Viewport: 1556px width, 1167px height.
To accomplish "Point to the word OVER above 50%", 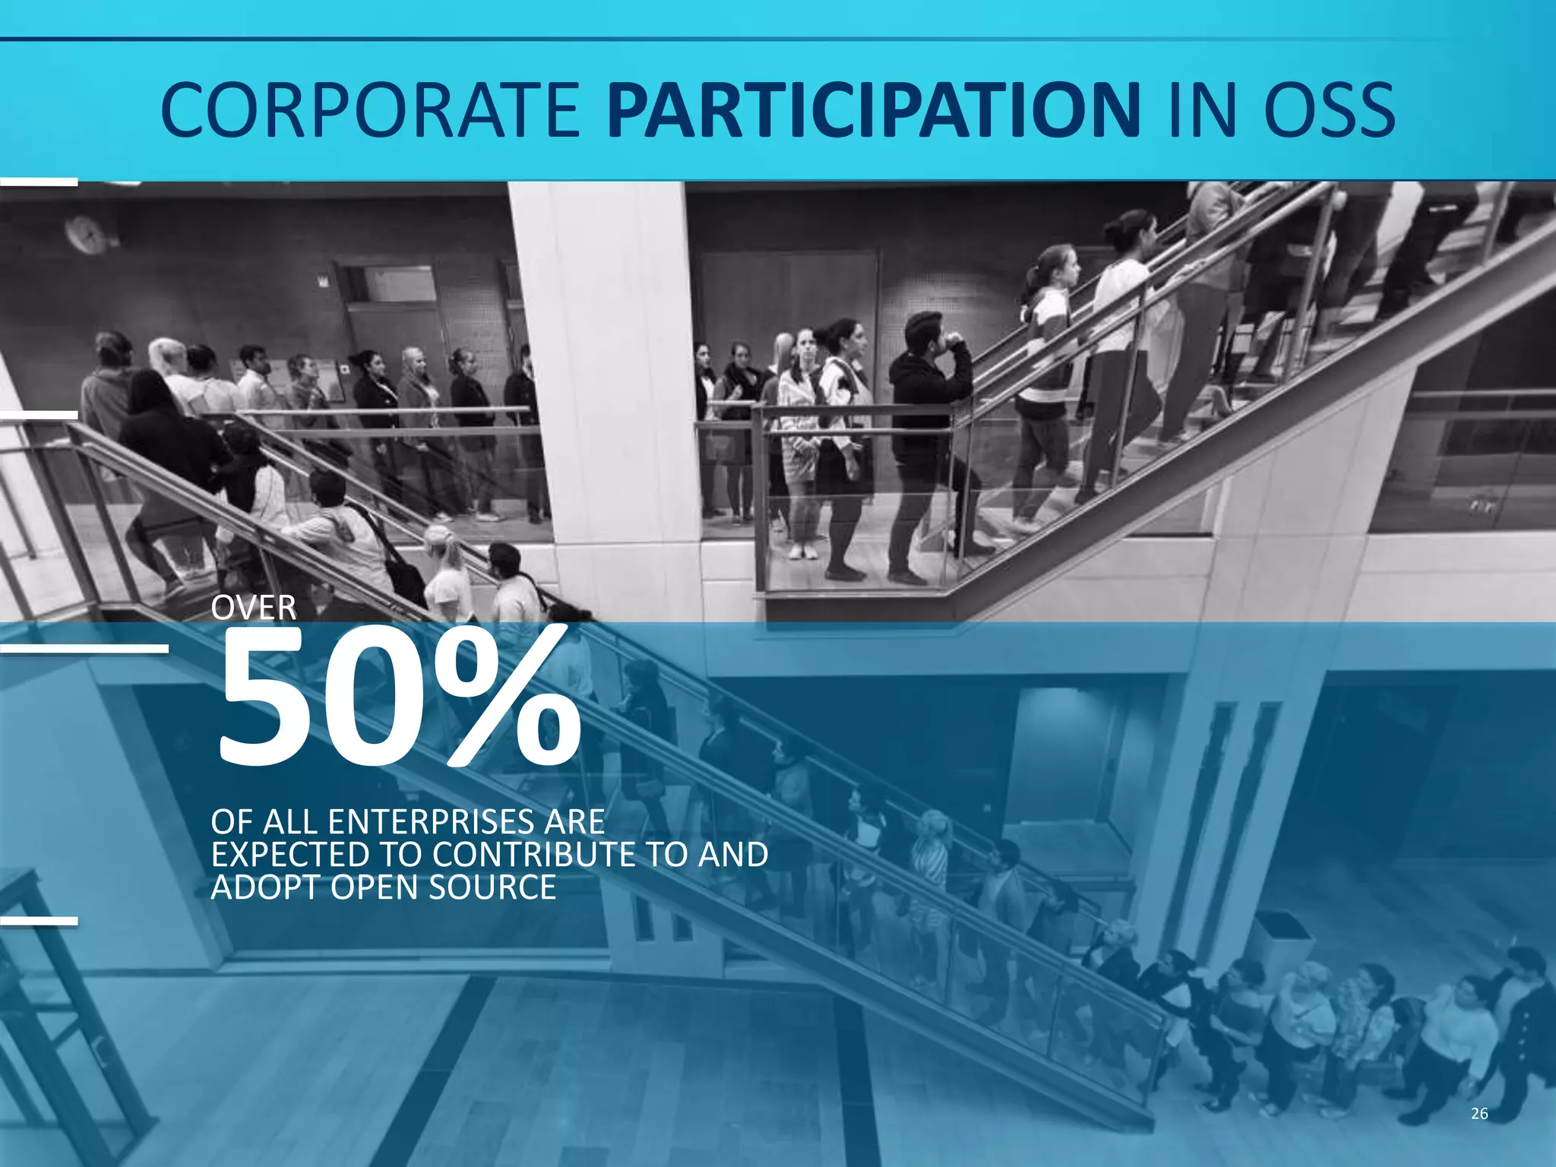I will pyautogui.click(x=254, y=608).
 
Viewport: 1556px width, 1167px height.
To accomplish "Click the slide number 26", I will pyautogui.click(x=1479, y=1114).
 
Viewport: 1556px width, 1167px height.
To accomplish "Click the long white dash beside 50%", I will pyautogui.click(x=84, y=648).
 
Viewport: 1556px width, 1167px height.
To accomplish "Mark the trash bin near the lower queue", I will pyautogui.click(x=1282, y=942).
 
